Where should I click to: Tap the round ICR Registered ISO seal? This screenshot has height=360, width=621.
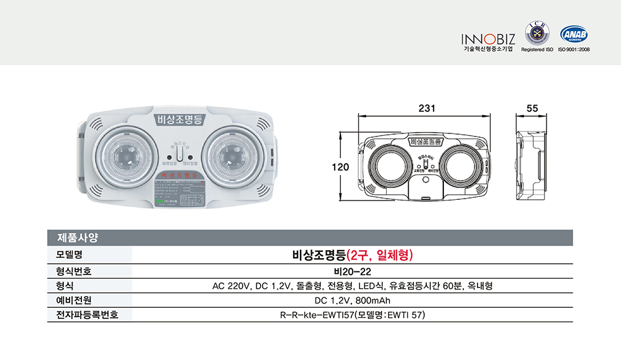[x=537, y=33]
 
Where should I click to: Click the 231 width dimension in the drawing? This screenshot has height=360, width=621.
[x=426, y=107]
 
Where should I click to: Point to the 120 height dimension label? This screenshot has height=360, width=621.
[x=340, y=167]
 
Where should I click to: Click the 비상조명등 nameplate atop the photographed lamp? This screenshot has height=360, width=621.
[x=177, y=120]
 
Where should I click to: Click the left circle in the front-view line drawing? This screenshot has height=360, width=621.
[x=392, y=167]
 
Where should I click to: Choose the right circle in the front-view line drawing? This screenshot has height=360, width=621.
[x=460, y=167]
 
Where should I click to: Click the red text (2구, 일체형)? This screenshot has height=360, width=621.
[x=380, y=254]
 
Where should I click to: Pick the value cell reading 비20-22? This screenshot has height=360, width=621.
[x=352, y=271]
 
